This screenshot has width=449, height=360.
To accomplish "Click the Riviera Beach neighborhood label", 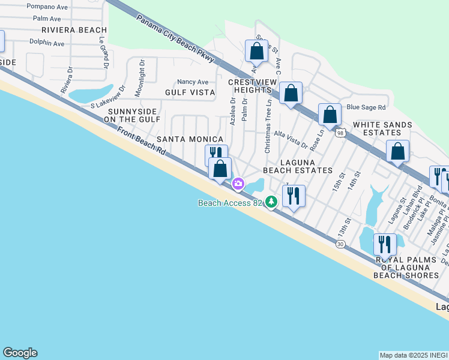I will click(x=74, y=30).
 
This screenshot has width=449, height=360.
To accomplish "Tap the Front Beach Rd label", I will click(x=141, y=142).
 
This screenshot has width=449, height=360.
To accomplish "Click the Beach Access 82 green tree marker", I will click(x=272, y=202).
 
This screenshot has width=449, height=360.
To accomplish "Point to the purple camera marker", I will click(x=238, y=183).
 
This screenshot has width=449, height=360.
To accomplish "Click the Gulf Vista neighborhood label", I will click(x=190, y=92).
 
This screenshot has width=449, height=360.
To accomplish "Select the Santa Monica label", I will click(x=182, y=139).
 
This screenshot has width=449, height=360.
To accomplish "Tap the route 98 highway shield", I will click(x=340, y=134).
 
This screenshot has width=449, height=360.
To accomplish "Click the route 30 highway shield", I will click(x=340, y=244).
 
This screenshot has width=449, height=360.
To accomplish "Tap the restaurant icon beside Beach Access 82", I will click(x=294, y=196).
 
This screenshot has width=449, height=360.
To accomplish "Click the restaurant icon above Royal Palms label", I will click(x=385, y=245).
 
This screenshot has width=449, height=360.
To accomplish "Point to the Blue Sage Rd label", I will click(x=366, y=107).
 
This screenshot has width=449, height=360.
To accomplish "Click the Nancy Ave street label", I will click(x=192, y=82).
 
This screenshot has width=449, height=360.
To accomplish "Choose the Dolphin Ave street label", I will click(x=47, y=43).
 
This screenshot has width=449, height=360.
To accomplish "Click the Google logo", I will click(x=20, y=353).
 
